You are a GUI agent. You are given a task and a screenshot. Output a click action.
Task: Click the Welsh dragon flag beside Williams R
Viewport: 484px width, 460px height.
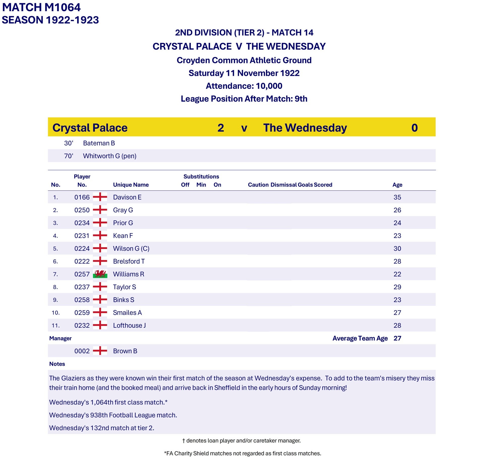coord(100,274)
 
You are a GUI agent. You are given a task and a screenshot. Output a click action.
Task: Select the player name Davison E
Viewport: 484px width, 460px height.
coord(127,197)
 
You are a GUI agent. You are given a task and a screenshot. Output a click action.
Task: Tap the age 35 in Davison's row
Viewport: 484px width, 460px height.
coord(397,197)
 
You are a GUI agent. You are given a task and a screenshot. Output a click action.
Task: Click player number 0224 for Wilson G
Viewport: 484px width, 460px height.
coord(82,249)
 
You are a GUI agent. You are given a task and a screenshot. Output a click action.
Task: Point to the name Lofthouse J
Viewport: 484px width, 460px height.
coord(129,325)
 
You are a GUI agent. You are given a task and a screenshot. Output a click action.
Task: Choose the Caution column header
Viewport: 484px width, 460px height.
coord(258,185)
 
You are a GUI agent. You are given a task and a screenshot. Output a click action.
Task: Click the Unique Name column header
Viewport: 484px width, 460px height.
coord(131,185)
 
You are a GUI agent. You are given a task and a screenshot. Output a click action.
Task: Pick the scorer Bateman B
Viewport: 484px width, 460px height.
coord(99,143)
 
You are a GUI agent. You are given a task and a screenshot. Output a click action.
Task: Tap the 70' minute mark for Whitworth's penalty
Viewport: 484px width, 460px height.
coord(69,156)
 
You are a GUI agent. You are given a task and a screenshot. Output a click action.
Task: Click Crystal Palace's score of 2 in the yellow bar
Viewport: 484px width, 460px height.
coord(221,128)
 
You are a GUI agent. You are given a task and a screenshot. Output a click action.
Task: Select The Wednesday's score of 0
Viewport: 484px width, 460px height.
coord(414,128)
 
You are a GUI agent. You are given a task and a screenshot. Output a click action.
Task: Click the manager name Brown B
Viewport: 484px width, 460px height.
coord(125,351)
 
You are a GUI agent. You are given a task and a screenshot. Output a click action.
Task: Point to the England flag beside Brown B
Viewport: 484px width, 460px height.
coord(100,351)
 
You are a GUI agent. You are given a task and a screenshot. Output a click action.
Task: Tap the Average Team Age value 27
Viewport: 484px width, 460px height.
coord(397,338)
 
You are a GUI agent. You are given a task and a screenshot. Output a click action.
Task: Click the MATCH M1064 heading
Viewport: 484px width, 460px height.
coord(41,7)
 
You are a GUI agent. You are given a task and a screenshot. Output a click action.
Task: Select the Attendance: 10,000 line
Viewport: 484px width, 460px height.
coord(244,86)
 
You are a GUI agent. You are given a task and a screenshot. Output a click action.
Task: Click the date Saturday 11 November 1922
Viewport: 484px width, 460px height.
coord(244,73)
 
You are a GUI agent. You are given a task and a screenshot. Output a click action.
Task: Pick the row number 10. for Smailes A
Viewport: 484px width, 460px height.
coord(55,313)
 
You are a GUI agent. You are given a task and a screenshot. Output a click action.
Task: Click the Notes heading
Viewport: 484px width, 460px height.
coord(57,364)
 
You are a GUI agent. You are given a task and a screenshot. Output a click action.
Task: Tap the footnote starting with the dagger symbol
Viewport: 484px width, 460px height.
coord(241,441)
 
